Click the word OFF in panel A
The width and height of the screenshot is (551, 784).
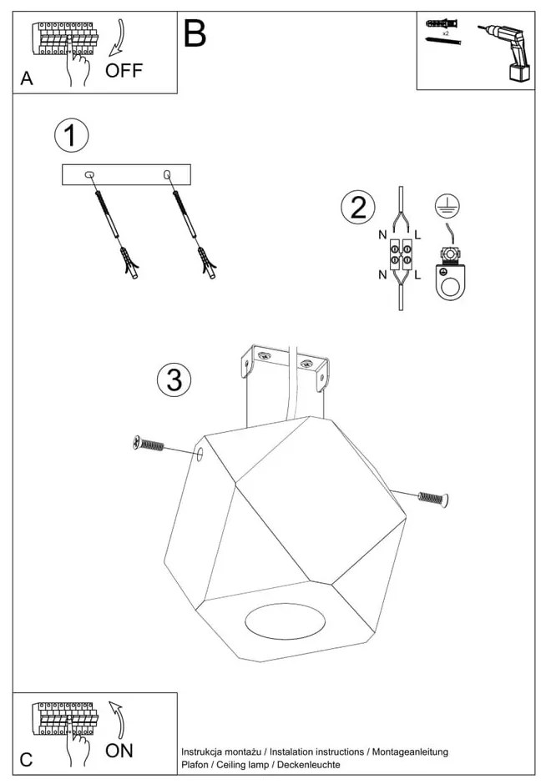(124, 70)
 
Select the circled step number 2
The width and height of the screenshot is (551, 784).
(358, 207)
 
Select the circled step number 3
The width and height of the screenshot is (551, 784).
(174, 380)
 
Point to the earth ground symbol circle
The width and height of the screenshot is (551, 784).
(448, 206)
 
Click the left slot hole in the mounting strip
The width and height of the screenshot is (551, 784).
(90, 174)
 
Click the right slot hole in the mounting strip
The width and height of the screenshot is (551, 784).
(167, 174)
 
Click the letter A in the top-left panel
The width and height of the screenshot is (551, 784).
(27, 79)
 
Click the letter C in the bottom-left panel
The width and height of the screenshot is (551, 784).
(27, 759)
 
